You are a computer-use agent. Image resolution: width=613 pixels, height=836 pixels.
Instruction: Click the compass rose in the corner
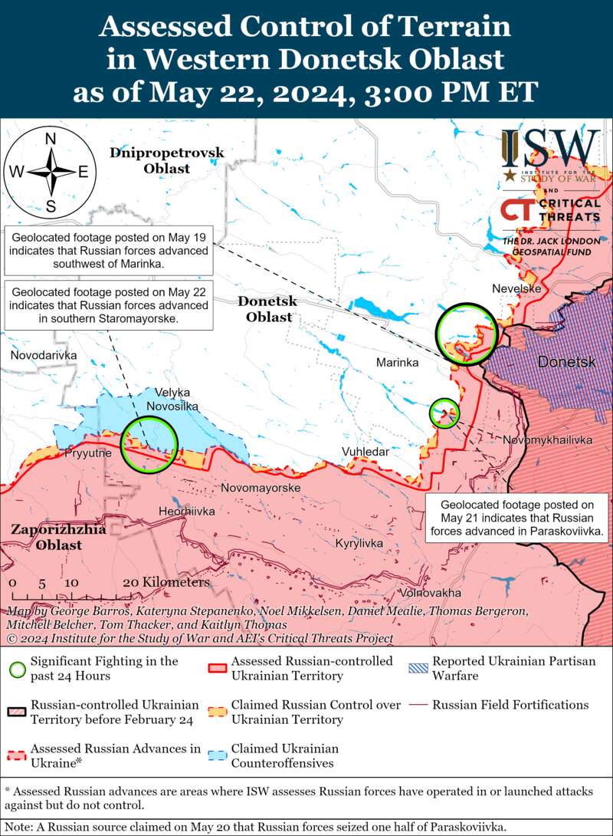point(51,171)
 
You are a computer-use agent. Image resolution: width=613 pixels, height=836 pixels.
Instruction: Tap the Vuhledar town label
point(365,453)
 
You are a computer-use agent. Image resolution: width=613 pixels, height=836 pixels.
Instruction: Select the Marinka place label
point(397,362)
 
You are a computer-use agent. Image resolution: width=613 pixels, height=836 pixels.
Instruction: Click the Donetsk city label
point(565,361)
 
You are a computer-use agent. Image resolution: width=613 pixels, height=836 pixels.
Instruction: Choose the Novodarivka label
point(44,356)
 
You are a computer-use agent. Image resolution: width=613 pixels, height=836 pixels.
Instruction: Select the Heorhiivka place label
point(186,511)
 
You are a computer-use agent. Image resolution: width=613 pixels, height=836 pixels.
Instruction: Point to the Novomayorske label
point(261,487)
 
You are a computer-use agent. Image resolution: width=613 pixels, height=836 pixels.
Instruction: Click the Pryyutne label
point(88,453)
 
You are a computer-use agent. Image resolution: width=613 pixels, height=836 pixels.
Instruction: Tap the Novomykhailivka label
point(547,439)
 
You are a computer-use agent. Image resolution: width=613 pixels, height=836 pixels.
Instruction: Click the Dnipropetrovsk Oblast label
point(166,160)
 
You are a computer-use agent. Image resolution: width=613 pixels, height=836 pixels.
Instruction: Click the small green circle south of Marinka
point(444,413)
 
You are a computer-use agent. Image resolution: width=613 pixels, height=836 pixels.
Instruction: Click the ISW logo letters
point(550,148)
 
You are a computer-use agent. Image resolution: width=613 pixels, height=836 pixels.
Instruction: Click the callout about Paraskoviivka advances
point(512,517)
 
